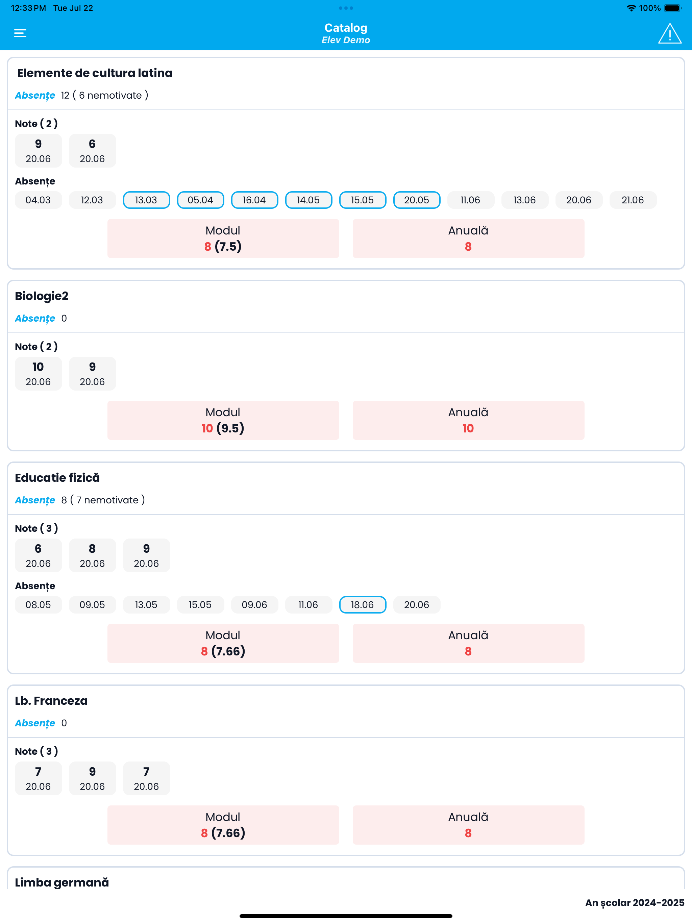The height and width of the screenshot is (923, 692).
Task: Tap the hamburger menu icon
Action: [20, 33]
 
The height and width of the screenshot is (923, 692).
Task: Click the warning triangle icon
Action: [669, 34]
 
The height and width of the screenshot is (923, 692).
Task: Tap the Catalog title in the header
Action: [346, 28]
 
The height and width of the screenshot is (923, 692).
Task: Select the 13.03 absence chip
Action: [146, 200]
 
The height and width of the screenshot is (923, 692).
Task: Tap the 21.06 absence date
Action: [632, 200]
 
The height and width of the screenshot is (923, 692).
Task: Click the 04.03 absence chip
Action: [38, 200]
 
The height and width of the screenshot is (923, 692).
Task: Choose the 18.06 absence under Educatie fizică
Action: [362, 605]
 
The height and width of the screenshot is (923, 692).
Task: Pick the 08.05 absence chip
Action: [38, 605]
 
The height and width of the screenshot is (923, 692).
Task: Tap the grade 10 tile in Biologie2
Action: [38, 373]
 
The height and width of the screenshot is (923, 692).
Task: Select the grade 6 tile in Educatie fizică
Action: [38, 555]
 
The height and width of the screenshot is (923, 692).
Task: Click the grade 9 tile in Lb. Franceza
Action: [92, 778]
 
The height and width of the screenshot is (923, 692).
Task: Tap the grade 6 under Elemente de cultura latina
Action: [92, 151]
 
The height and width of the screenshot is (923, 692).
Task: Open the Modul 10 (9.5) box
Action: [223, 420]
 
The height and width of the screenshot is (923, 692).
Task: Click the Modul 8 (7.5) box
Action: [223, 238]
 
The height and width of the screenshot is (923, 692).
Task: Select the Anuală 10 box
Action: [468, 420]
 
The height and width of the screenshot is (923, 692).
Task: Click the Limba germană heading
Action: [62, 882]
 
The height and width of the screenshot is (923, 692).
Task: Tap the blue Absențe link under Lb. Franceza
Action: [35, 723]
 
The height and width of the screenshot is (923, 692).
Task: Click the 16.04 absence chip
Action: [254, 200]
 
